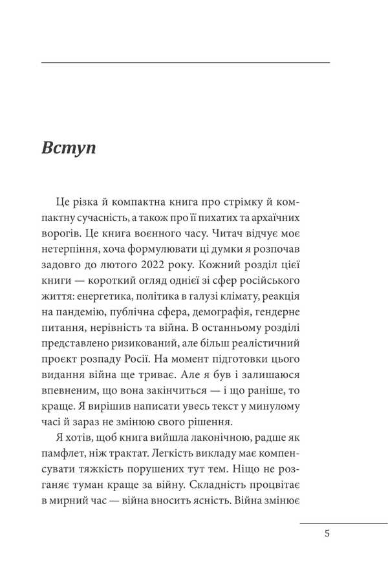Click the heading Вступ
point(69,147)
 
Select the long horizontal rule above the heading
point(185,62)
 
